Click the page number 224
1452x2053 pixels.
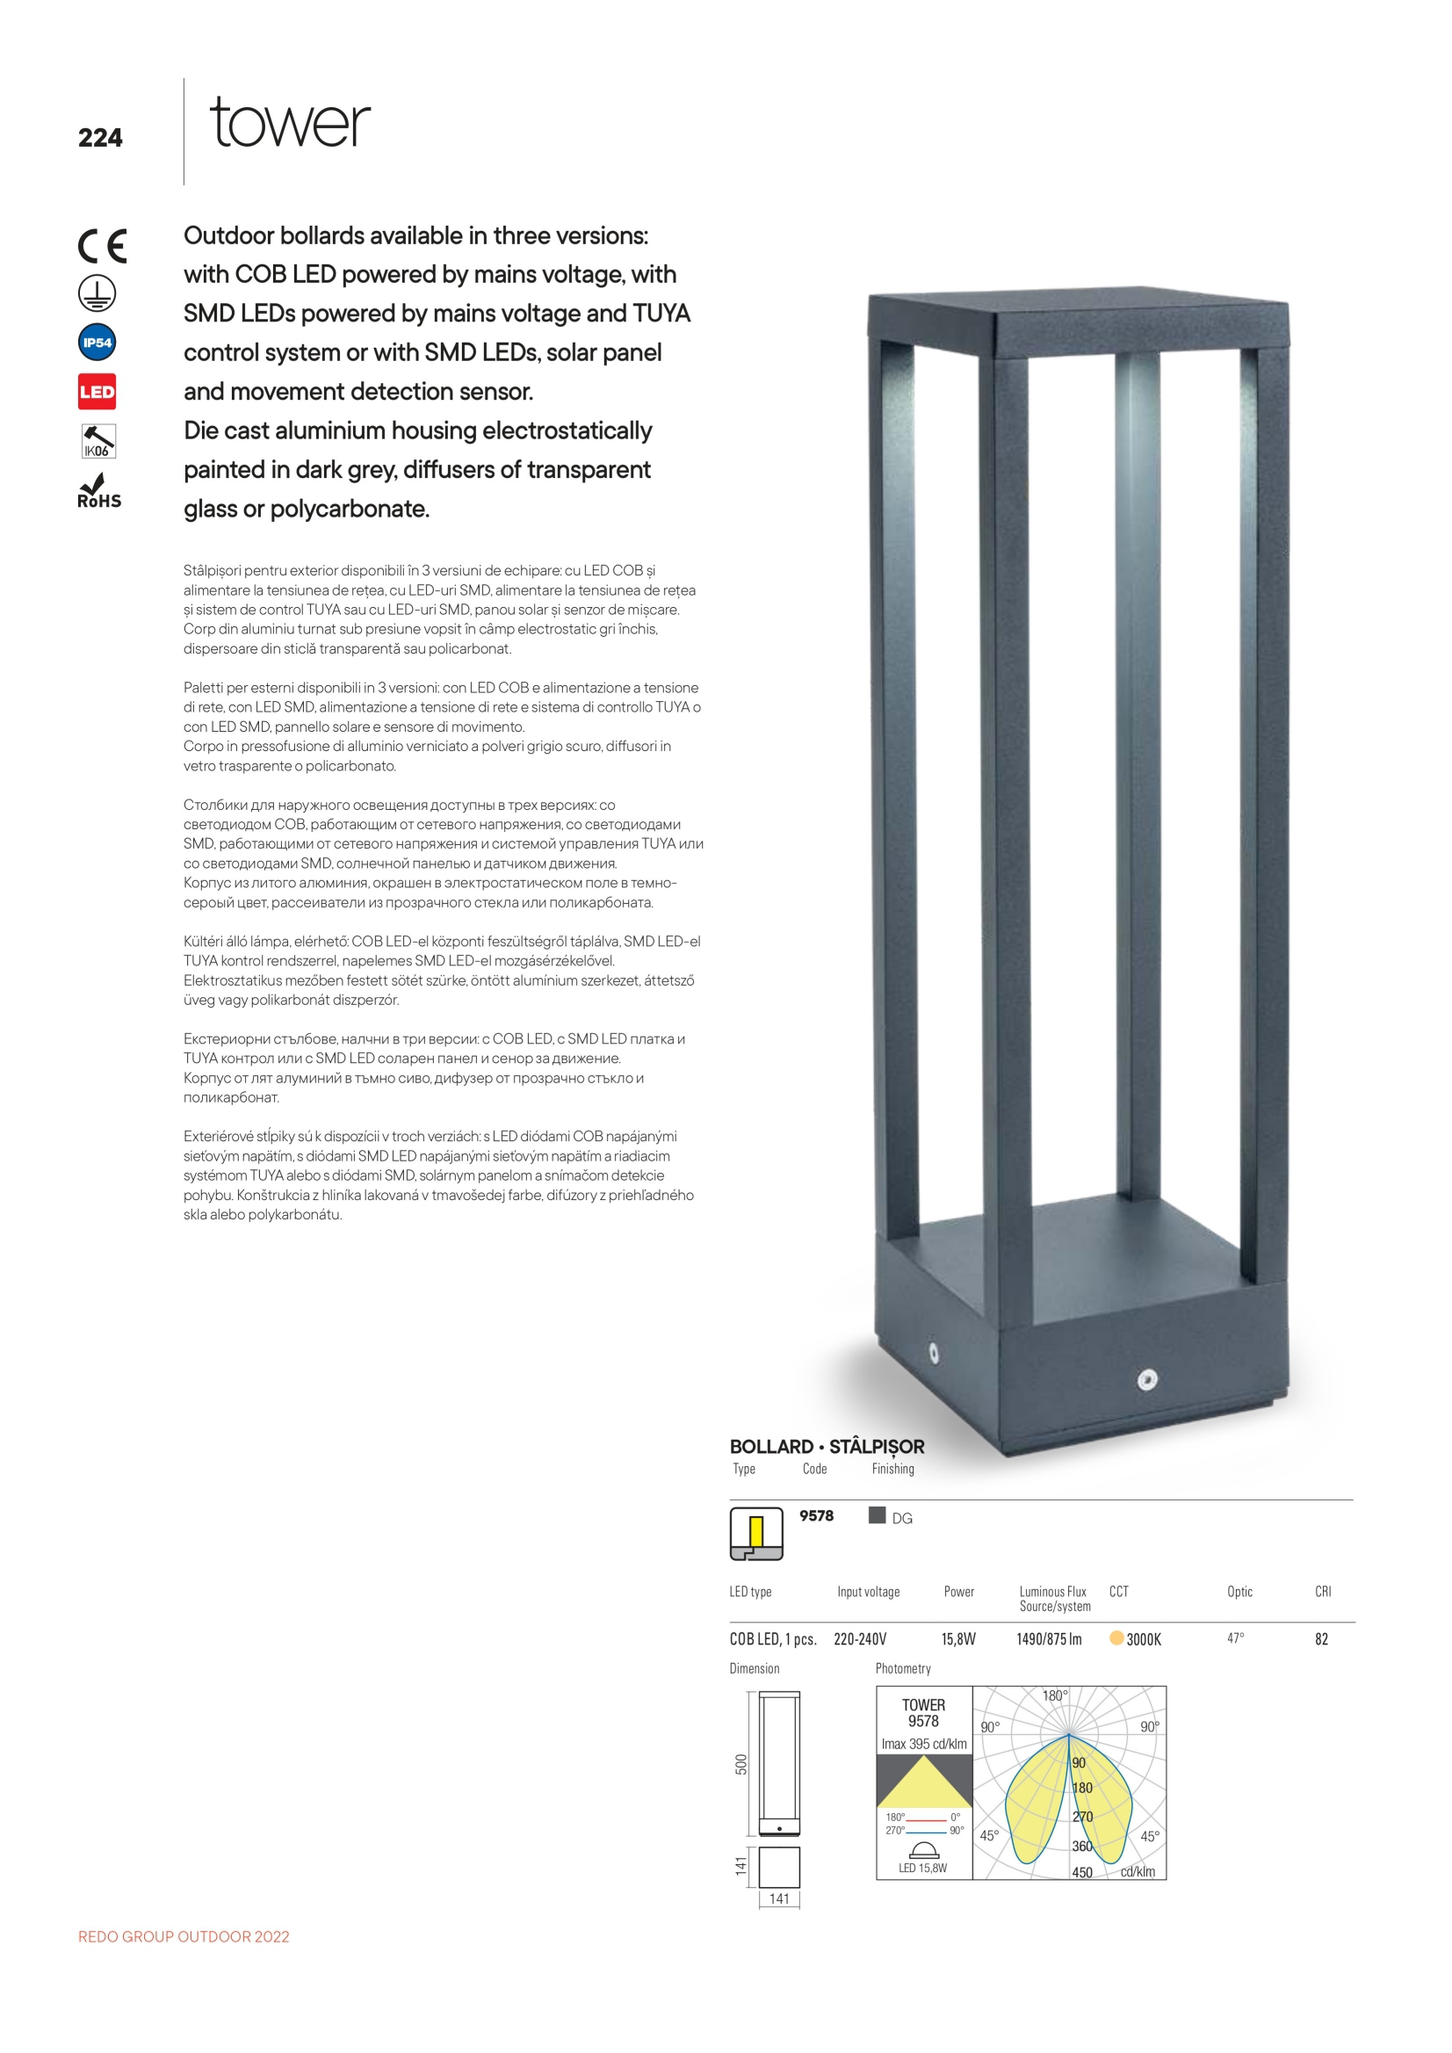point(100,138)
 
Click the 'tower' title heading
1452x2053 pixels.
point(290,124)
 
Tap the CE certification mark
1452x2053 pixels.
point(102,246)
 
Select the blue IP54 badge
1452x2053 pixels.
point(98,343)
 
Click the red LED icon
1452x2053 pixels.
point(98,392)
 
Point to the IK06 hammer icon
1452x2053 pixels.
point(98,441)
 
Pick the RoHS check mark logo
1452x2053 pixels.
point(98,492)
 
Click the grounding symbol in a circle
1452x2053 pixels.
point(98,293)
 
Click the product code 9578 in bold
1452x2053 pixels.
point(816,1515)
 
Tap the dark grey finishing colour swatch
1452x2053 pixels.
point(878,1514)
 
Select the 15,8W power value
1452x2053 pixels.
point(958,1639)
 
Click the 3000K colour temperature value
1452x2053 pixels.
point(1144,1639)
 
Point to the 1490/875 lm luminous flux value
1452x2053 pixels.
point(1049,1639)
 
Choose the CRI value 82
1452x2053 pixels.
point(1321,1639)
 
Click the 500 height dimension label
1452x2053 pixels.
point(741,1764)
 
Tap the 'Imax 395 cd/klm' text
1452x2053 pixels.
point(923,1744)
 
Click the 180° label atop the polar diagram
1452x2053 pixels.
point(1055,1695)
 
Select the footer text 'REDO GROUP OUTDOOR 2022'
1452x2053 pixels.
point(184,1937)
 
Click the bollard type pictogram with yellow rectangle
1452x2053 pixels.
point(756,1535)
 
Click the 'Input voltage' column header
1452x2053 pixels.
point(868,1592)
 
